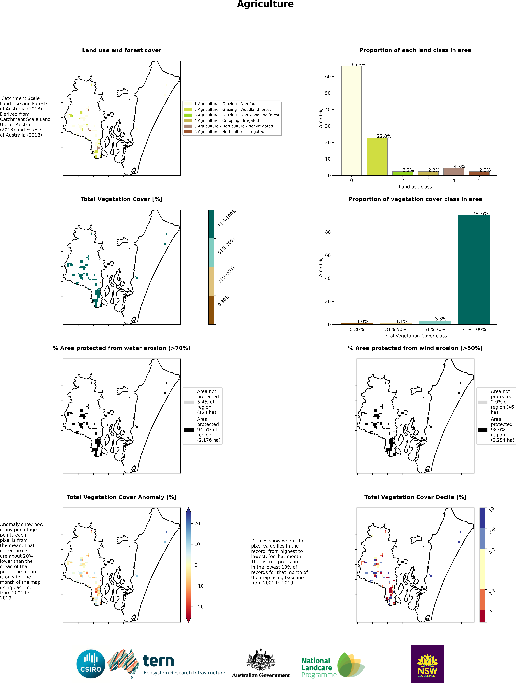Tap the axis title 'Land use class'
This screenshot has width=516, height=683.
point(415,187)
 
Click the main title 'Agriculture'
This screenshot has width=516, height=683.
point(265,4)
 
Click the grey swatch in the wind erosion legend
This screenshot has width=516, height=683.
point(483,402)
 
